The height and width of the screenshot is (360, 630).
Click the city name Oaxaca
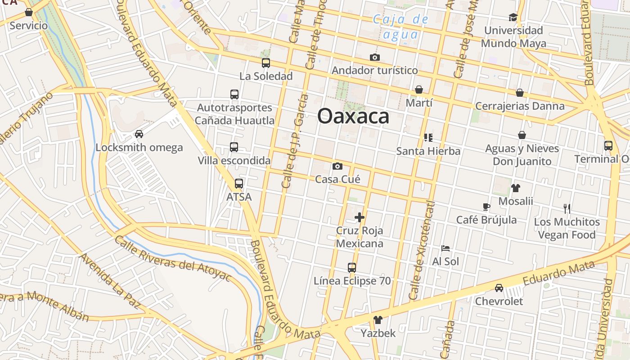click(x=353, y=116)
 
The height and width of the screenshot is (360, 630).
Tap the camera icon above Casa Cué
click(x=337, y=166)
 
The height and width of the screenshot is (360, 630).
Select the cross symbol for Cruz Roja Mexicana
click(x=360, y=218)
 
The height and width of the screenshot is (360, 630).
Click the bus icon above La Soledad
click(x=266, y=63)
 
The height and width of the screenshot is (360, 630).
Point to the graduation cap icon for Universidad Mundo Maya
click(x=513, y=18)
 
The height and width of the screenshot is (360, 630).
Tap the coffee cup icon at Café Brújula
click(x=486, y=207)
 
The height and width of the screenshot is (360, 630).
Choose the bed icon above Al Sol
click(x=445, y=248)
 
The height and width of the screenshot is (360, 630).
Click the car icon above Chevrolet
click(x=499, y=288)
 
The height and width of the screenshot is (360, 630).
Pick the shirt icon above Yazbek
click(x=378, y=320)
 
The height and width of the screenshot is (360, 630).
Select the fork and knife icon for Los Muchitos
click(x=567, y=209)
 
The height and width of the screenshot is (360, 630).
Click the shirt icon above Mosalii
click(x=516, y=188)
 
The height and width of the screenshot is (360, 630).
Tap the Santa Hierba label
click(x=428, y=151)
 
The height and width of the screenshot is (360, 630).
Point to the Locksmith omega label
click(x=139, y=148)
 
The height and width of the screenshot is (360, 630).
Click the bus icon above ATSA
click(x=239, y=184)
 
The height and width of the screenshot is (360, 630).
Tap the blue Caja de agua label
click(x=400, y=27)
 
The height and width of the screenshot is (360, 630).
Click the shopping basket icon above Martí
click(x=419, y=90)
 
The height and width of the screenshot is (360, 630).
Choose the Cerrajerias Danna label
click(x=520, y=106)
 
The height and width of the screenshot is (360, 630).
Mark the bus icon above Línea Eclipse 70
click(x=352, y=268)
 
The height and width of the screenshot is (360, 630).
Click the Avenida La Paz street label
click(x=110, y=280)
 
